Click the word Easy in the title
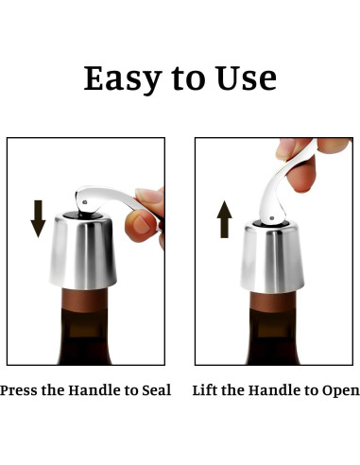click(x=120, y=78)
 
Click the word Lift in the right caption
click(x=207, y=388)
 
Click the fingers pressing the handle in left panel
click(x=148, y=213)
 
